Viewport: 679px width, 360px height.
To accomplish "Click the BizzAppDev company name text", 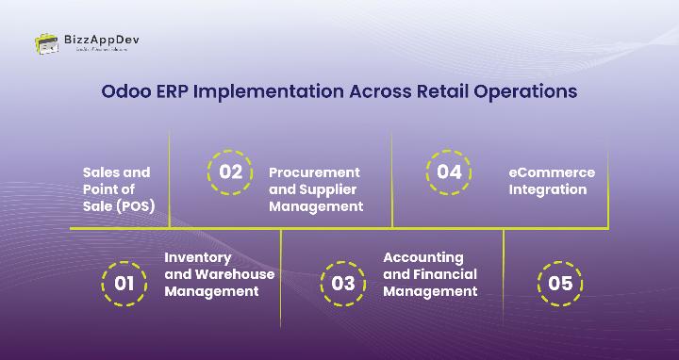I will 102,40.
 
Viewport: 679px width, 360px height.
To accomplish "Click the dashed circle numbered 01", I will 124,284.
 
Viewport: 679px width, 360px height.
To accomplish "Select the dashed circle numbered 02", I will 230,172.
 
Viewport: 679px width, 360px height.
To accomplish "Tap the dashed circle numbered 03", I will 343,284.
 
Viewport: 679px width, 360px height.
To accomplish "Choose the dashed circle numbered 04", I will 449,172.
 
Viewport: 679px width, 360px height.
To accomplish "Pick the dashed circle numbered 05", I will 560,284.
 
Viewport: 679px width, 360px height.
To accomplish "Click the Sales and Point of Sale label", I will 119,189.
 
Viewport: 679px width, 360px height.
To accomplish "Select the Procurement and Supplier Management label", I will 315,189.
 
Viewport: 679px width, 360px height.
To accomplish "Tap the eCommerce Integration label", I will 552,181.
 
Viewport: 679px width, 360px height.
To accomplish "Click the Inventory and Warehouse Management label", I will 219,274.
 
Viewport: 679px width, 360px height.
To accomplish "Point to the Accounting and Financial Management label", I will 429,274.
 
